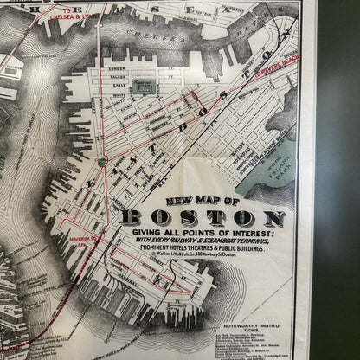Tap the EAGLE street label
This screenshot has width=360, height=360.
tap(119, 86)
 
